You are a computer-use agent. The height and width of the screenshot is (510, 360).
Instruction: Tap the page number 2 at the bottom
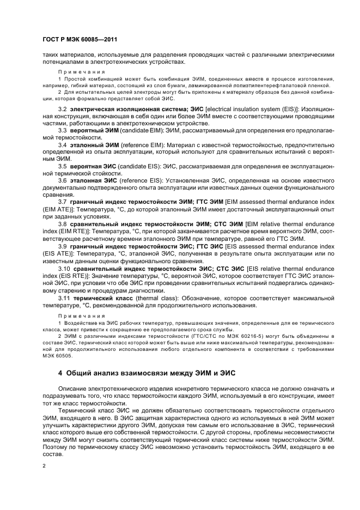coord(44,466)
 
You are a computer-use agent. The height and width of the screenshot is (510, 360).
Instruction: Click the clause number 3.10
coord(65,253)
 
